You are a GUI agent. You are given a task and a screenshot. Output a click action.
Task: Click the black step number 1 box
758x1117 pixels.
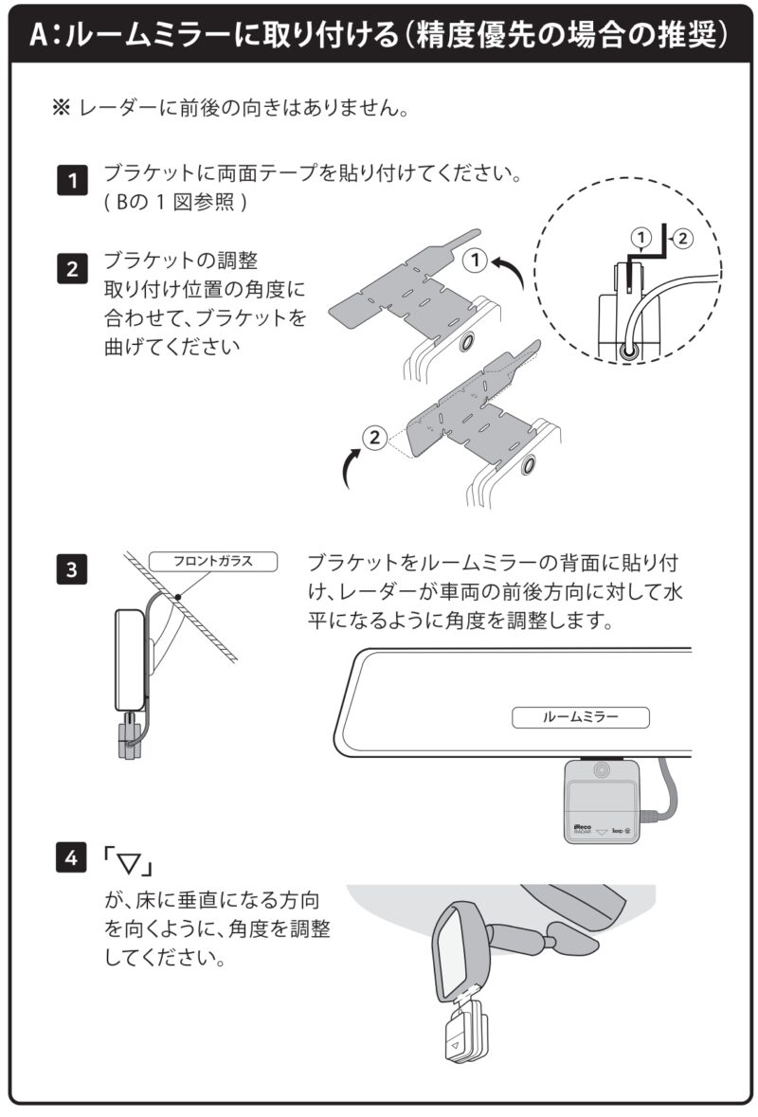point(72,180)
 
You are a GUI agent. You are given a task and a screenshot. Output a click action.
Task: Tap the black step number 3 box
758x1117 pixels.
point(72,570)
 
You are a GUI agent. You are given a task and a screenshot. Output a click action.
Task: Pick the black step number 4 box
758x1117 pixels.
point(72,858)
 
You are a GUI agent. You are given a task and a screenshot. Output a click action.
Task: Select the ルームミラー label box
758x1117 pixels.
point(581,717)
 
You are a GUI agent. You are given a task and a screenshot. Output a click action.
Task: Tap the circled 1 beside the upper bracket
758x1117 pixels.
point(477,259)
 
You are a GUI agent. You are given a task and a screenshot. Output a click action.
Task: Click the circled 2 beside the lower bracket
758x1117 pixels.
point(375,438)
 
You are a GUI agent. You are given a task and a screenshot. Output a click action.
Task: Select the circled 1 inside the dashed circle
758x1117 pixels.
point(641,236)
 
